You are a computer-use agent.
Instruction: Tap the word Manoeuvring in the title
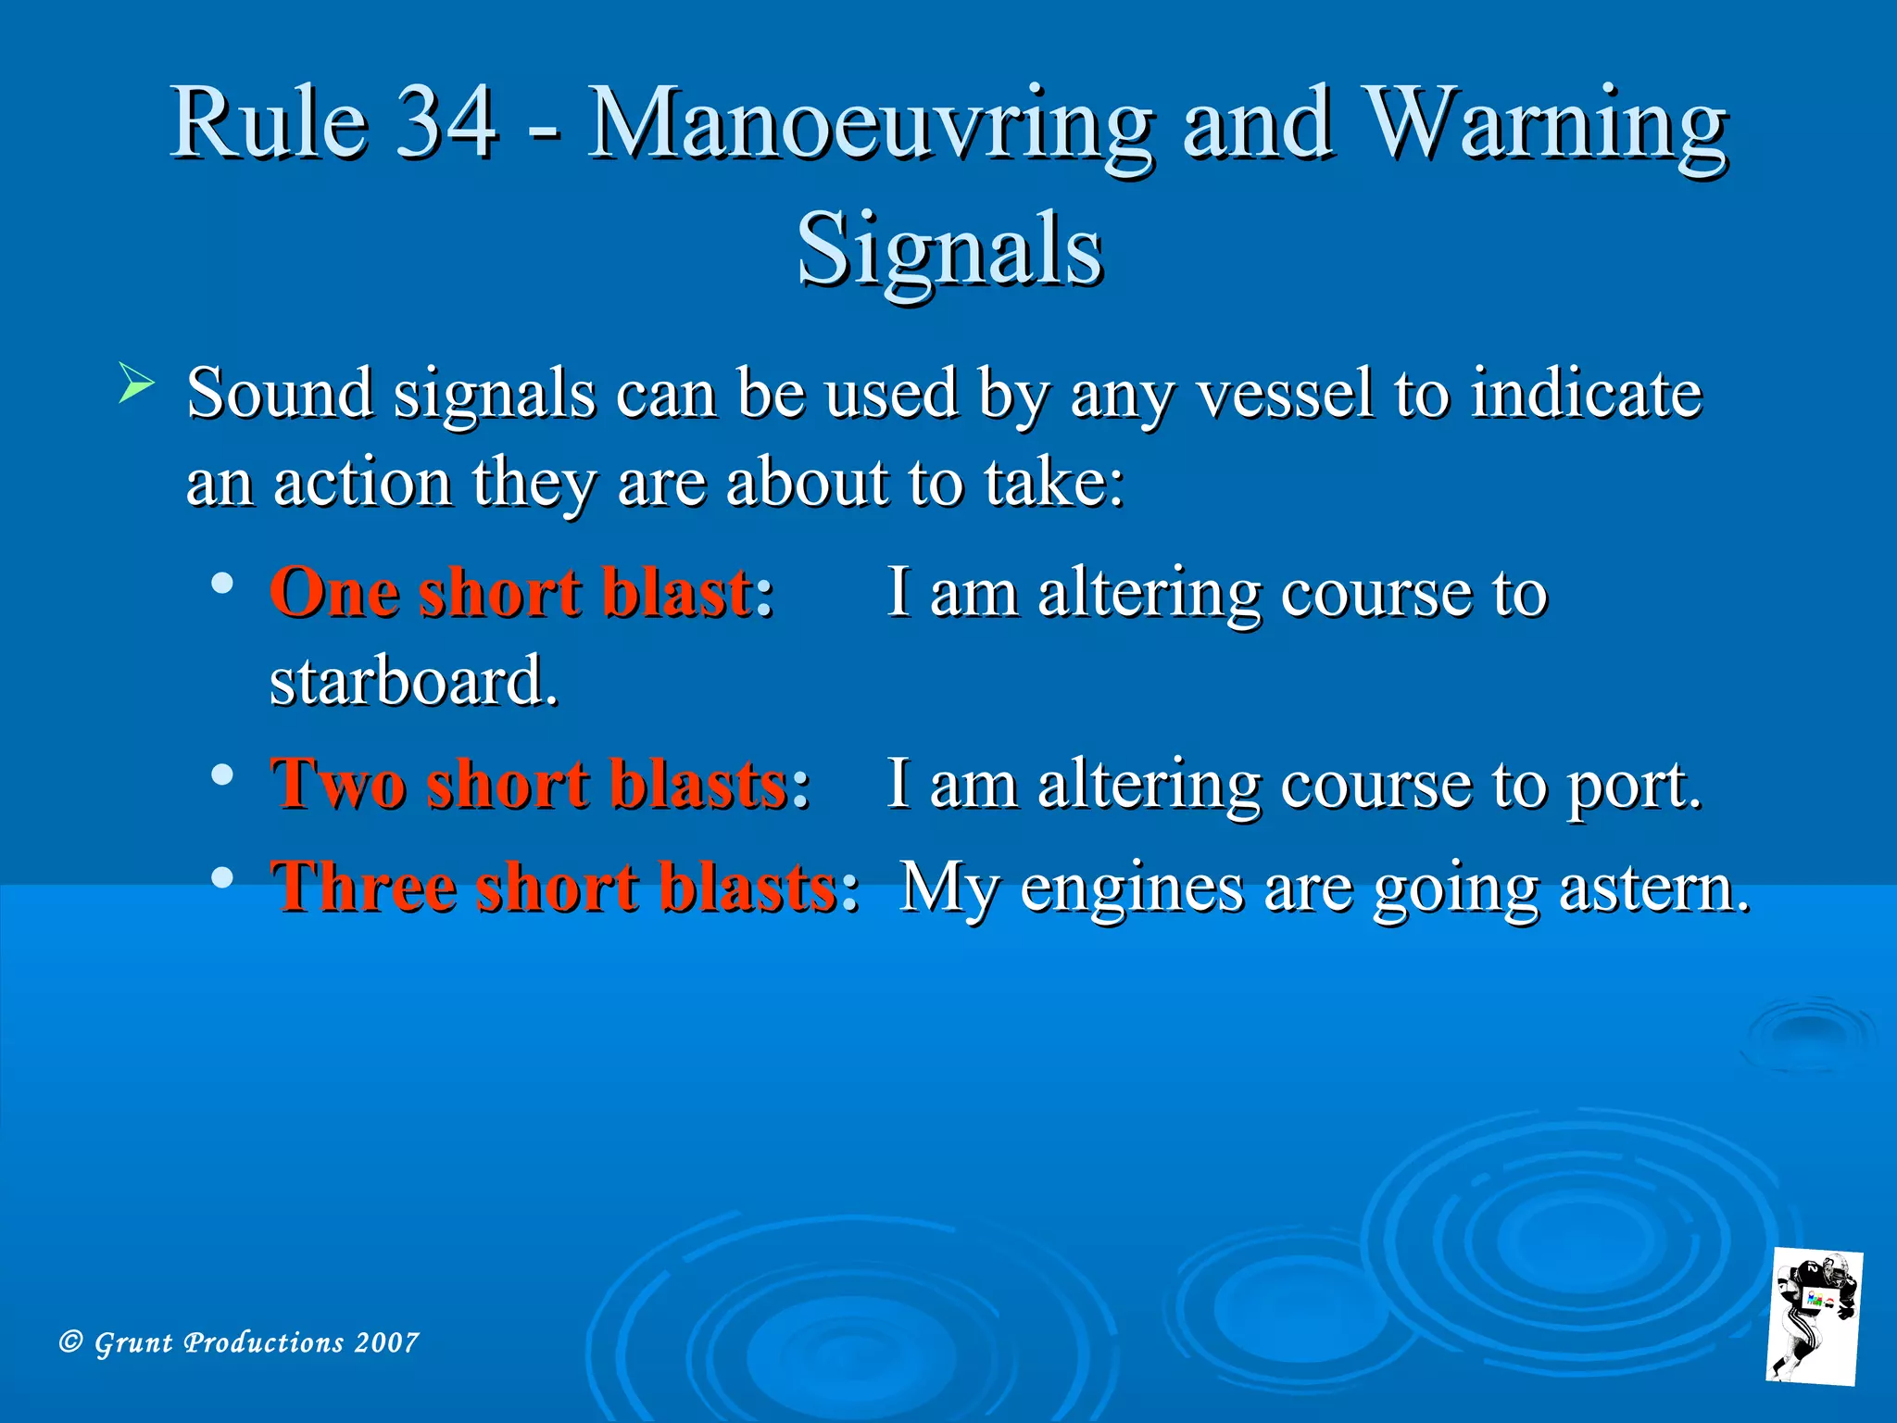(871, 125)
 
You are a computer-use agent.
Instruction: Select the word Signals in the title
(949, 248)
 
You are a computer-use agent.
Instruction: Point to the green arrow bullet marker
(136, 384)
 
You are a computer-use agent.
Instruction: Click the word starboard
(412, 681)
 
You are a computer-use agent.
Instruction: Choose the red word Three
(363, 887)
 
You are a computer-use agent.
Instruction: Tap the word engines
(1132, 888)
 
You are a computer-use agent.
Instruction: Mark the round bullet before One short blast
(221, 584)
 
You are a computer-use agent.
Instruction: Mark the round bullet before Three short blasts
(221, 876)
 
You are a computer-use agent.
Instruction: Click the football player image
(1813, 1316)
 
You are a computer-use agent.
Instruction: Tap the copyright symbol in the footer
(71, 1341)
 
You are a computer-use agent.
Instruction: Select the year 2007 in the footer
(386, 1342)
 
